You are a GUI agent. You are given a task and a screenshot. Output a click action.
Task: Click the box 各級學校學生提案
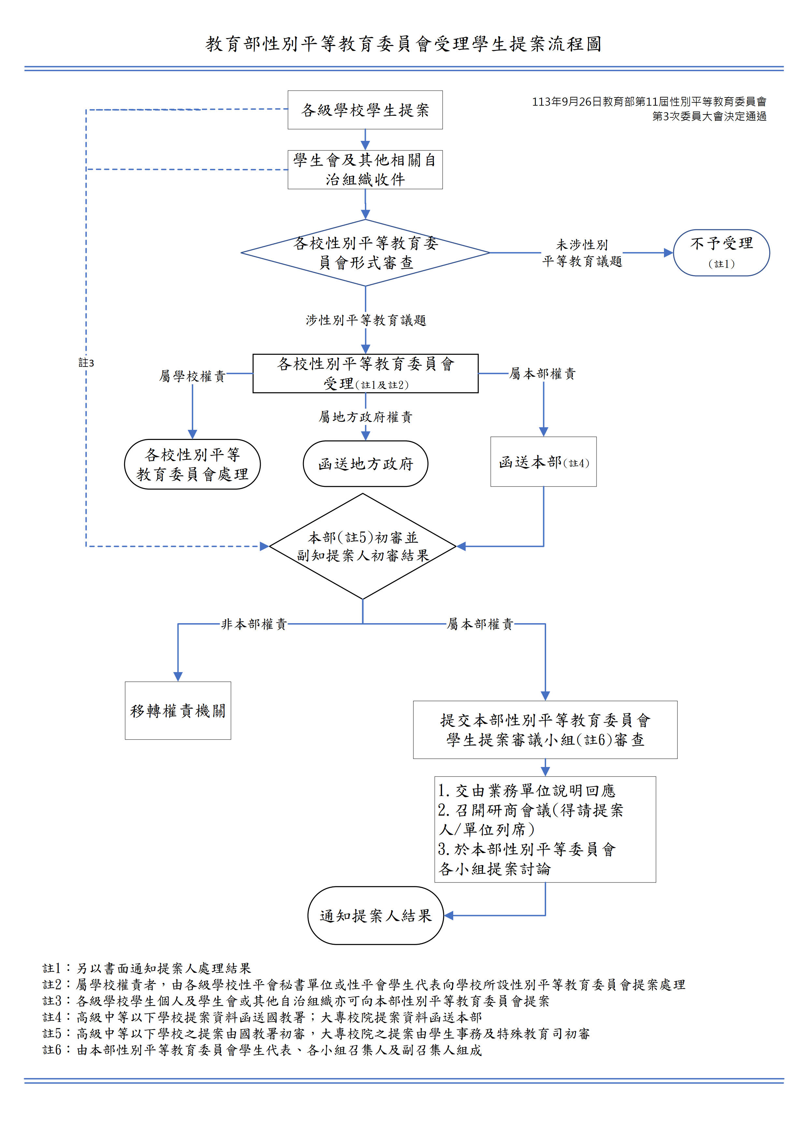365,110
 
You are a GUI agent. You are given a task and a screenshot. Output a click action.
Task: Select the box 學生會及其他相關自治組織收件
365,169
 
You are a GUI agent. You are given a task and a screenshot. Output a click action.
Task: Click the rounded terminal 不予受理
721,253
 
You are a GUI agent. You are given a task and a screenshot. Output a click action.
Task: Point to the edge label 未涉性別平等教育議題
582,253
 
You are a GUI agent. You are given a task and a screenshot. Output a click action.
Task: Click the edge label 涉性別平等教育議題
366,320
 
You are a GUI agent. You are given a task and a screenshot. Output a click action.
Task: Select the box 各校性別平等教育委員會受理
366,373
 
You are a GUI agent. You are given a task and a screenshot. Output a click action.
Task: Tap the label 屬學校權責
192,376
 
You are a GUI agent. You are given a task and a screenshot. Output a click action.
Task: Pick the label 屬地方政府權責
366,416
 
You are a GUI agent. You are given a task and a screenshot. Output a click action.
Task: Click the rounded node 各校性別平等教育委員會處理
192,464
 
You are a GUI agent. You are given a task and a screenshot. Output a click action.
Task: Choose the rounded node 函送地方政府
366,463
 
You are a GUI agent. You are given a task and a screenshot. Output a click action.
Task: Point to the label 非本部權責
254,624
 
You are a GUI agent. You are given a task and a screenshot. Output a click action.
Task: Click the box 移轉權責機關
178,711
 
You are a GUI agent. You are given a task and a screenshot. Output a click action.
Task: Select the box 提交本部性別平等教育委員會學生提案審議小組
545,730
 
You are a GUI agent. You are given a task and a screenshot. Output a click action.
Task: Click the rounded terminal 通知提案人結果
375,915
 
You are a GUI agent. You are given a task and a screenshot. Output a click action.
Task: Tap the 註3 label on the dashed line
86,363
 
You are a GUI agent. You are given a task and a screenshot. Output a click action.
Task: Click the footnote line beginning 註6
262,1050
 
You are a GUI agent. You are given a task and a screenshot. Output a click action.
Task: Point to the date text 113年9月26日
567,102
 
